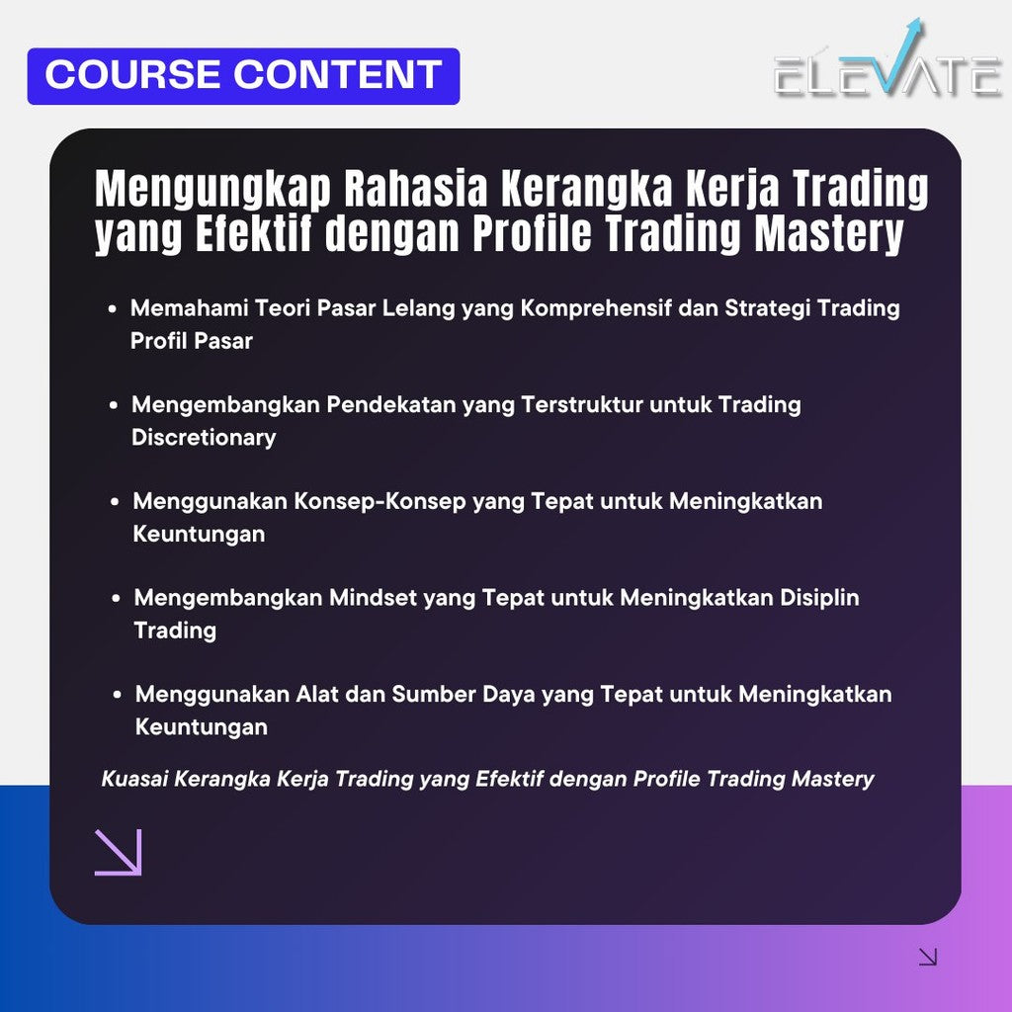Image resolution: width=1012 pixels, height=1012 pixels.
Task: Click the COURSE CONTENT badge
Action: (x=243, y=76)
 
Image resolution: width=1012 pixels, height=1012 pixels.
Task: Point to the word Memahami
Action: (x=190, y=308)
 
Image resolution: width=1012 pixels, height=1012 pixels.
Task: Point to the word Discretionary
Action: (x=204, y=438)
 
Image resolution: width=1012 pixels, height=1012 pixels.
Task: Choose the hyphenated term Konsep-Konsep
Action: (x=379, y=502)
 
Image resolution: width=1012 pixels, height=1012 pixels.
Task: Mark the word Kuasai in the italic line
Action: (x=135, y=780)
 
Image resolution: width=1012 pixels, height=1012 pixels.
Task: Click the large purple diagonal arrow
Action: (x=119, y=852)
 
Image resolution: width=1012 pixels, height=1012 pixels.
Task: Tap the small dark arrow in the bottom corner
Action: (x=927, y=956)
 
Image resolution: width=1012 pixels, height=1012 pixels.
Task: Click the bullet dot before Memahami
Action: (x=115, y=309)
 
